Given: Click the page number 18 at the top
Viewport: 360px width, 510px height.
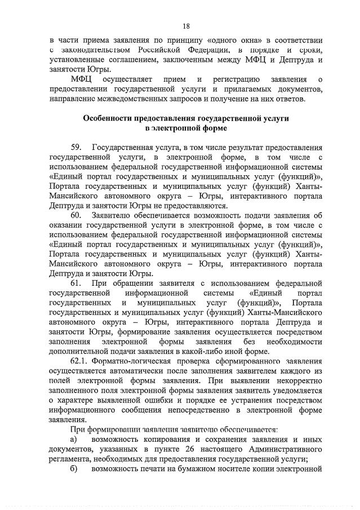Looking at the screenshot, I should click(x=186, y=25).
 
